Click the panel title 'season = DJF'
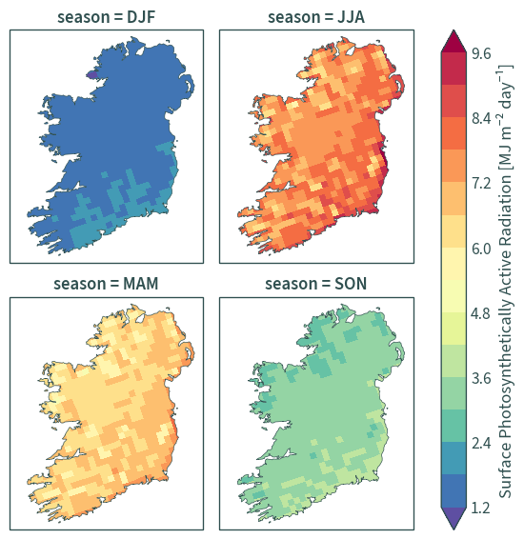point(107,17)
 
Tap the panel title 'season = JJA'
point(316,17)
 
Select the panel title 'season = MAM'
point(106,284)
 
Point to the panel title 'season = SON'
point(316,284)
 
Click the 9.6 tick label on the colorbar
point(481,53)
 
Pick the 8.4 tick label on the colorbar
point(481,119)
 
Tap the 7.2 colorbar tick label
point(481,184)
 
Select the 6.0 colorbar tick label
point(481,249)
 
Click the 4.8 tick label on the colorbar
point(481,313)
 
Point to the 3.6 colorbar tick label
point(481,378)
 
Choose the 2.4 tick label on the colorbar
point(481,444)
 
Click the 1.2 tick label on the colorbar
point(481,508)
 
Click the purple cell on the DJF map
point(91,74)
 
